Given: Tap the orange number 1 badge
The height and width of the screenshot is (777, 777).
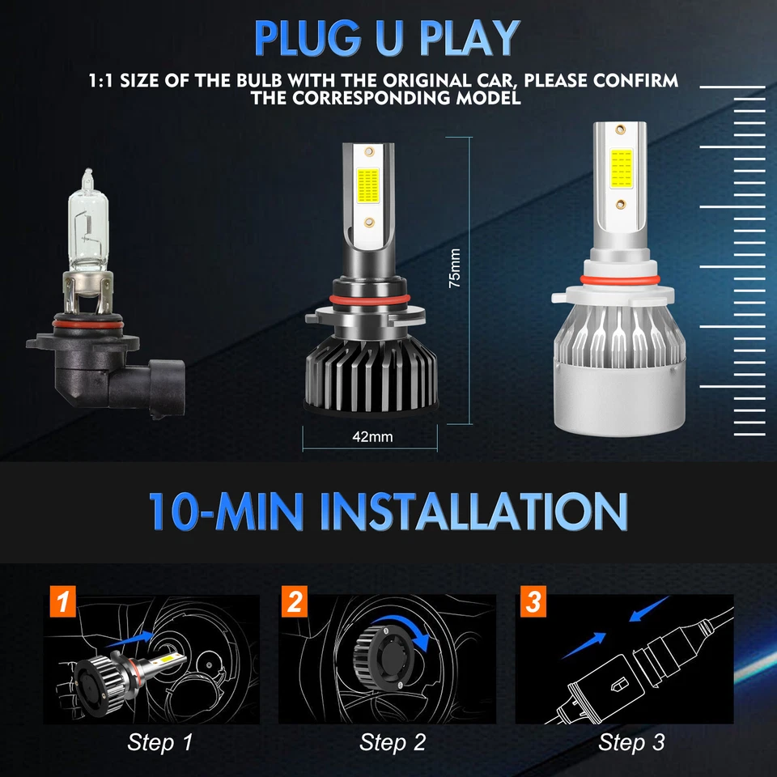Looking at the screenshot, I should [62, 603].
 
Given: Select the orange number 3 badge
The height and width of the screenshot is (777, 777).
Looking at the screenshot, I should [532, 603].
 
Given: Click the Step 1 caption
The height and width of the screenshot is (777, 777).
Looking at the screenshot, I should [160, 741].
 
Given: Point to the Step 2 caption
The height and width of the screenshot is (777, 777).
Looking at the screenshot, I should [393, 741].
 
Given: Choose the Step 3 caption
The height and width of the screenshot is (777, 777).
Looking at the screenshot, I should [632, 741].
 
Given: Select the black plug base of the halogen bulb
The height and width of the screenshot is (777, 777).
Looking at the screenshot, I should [89, 372].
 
